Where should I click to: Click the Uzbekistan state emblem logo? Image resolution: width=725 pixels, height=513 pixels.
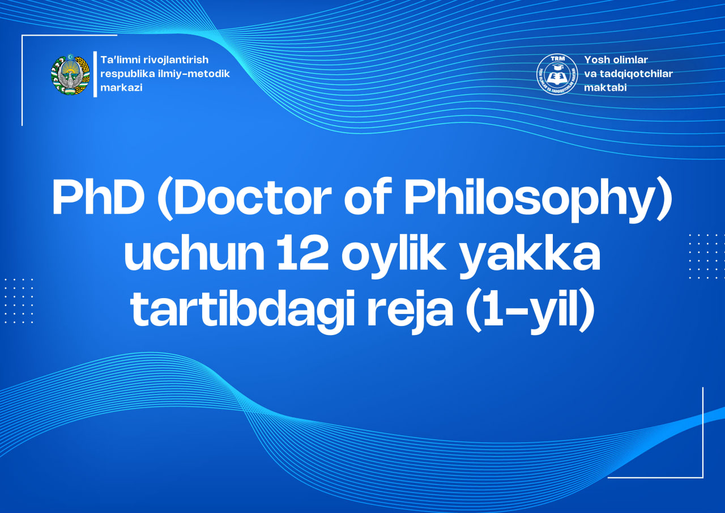coord(70,74)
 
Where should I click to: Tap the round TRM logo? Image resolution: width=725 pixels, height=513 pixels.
coord(557,74)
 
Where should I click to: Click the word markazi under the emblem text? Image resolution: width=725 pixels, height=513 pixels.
coord(121,88)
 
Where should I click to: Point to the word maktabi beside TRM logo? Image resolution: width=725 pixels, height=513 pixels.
coord(605,88)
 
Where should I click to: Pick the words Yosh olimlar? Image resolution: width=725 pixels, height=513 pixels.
coord(616,60)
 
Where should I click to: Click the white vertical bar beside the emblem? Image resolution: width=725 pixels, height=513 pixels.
coord(95,74)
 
